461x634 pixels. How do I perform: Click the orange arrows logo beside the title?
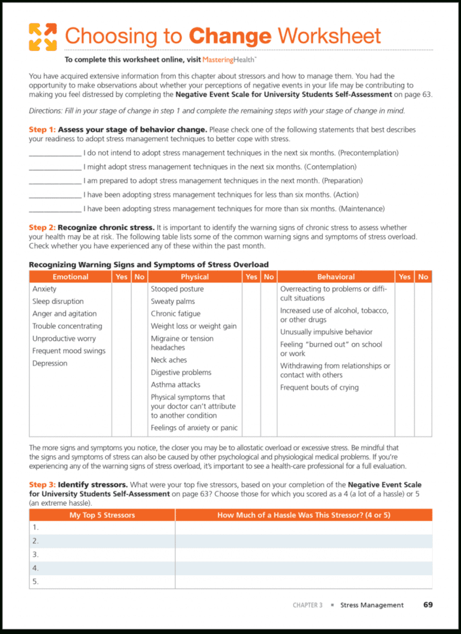tap(43, 37)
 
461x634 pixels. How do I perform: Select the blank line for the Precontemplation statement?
tap(55, 153)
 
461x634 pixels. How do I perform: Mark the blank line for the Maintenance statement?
tap(55, 209)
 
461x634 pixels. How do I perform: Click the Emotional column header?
tap(71, 276)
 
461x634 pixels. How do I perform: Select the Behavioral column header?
tap(336, 276)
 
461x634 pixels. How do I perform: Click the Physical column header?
tap(195, 276)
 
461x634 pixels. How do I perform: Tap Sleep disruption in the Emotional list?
tap(58, 301)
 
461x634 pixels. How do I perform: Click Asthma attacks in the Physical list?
tap(175, 385)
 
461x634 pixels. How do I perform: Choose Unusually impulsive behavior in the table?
tap(326, 332)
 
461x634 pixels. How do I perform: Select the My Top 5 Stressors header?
tap(102, 515)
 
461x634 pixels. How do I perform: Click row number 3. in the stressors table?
tap(36, 554)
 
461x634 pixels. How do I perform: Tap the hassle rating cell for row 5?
tap(303, 581)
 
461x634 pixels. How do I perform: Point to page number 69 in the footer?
tap(428, 605)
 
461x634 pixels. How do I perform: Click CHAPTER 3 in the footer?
tap(307, 605)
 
